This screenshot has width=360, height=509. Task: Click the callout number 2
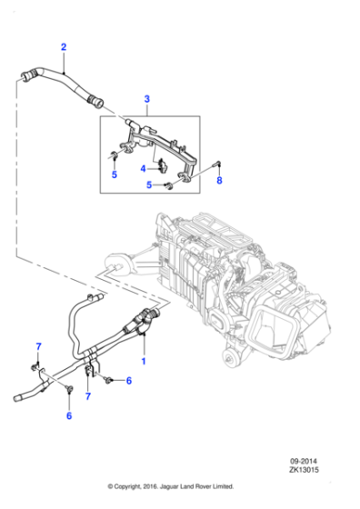63,46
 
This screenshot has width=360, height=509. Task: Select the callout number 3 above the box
146,97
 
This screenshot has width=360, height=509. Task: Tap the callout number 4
144,167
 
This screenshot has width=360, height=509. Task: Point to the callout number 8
218,180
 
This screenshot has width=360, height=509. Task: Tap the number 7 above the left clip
37,347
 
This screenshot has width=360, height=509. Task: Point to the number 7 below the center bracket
87,396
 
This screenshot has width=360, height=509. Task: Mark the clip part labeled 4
161,165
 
